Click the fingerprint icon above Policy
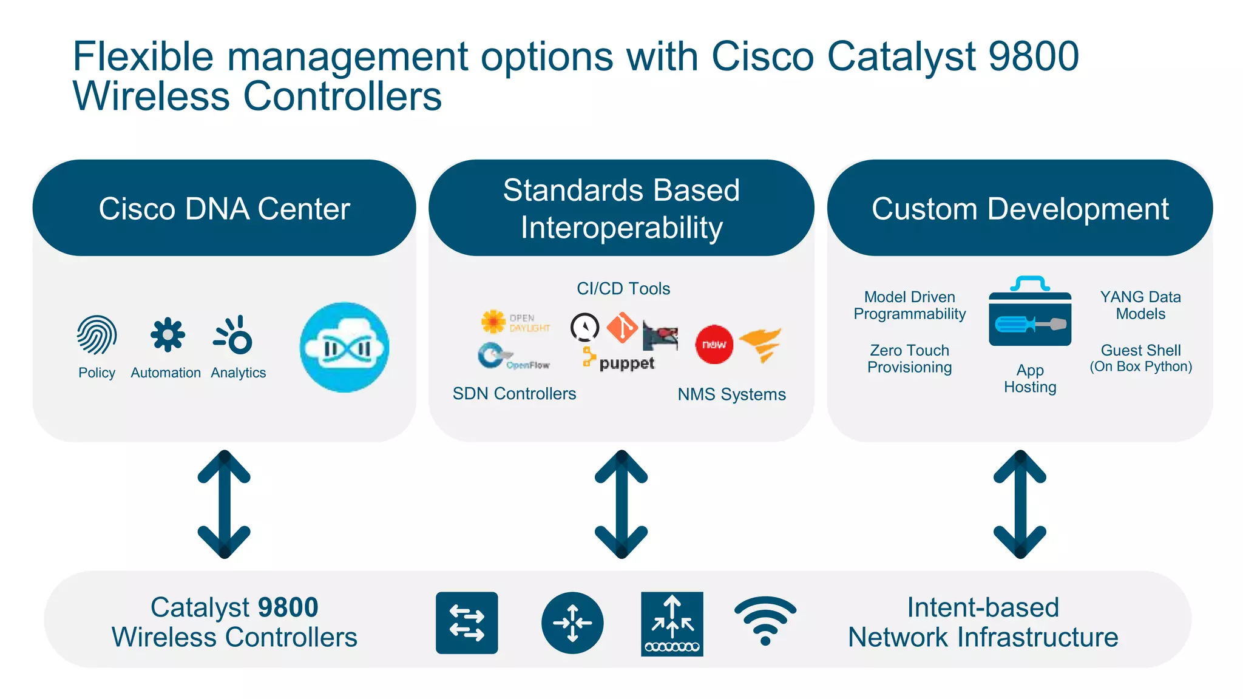point(97,335)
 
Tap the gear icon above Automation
point(167,335)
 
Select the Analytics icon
point(234,335)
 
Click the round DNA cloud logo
point(345,348)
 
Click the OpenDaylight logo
point(515,322)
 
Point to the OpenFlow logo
point(513,357)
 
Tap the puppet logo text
point(626,363)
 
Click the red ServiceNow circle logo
point(714,345)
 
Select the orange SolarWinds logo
point(760,344)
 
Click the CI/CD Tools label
point(623,289)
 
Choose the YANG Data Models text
point(1140,305)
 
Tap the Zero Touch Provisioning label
point(909,359)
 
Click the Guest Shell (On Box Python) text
point(1140,358)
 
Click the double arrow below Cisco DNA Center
point(224,504)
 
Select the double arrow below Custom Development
point(1020,504)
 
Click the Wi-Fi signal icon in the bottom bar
point(765,621)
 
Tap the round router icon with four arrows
point(572,623)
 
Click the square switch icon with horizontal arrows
point(467,623)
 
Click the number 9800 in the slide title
point(1034,56)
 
